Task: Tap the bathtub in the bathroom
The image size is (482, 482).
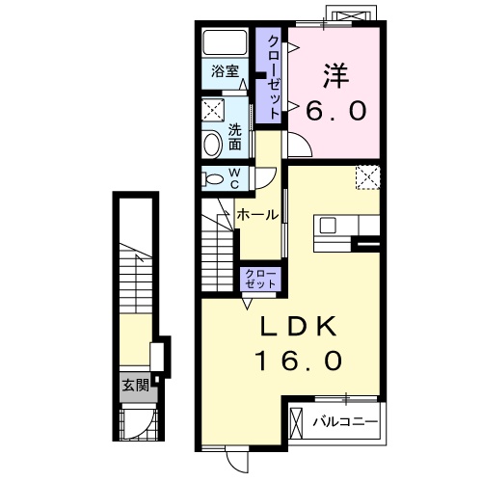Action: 227,43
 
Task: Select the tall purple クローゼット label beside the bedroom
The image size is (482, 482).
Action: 273,76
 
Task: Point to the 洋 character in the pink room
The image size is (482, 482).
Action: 335,73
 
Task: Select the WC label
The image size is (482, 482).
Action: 234,177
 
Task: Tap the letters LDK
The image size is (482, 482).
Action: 297,328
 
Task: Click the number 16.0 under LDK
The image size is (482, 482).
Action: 299,361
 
